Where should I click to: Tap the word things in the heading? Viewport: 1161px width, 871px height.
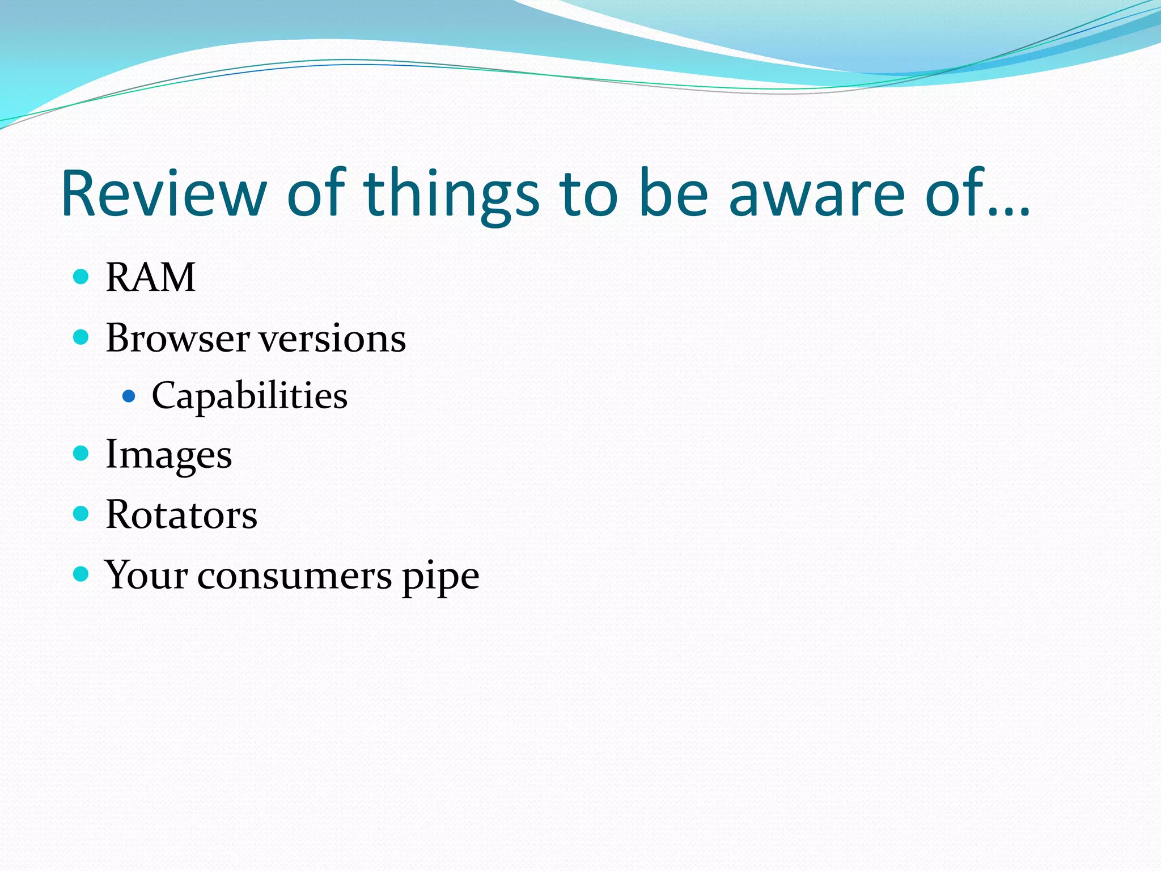click(x=451, y=194)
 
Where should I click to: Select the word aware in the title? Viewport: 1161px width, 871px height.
click(x=816, y=194)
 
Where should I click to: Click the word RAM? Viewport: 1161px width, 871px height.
click(x=151, y=277)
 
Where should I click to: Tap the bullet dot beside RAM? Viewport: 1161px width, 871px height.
click(x=82, y=277)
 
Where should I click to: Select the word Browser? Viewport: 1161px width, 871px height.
click(x=177, y=338)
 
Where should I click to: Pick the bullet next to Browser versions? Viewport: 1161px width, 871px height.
click(x=82, y=337)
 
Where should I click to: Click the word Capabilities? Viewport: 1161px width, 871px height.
click(x=249, y=396)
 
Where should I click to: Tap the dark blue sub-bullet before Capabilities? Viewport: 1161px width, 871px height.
click(x=129, y=395)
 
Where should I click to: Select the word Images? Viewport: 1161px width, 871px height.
click(x=169, y=455)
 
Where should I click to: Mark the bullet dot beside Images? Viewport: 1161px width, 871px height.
click(x=82, y=453)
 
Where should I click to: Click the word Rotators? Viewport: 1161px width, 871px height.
click(x=181, y=515)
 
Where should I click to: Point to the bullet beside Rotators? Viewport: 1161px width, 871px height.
click(x=82, y=514)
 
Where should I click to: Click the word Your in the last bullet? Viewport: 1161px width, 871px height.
click(x=146, y=575)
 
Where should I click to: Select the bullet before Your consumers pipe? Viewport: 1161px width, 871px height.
click(x=82, y=574)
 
